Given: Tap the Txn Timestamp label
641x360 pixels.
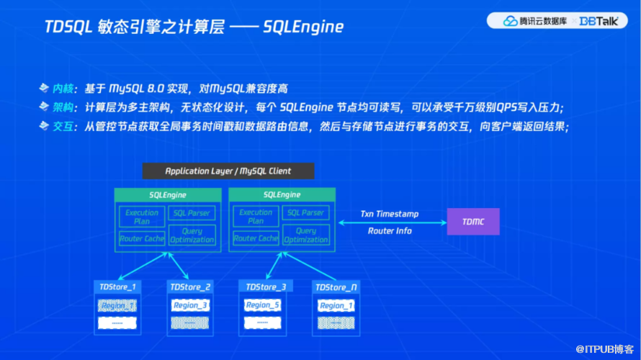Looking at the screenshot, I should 390,215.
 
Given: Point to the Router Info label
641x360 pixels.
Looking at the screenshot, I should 390,231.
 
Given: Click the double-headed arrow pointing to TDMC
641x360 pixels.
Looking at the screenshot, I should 390,222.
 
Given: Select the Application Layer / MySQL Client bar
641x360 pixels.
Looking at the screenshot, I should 228,171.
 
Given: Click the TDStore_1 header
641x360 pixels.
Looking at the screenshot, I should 117,287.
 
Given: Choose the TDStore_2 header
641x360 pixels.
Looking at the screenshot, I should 190,287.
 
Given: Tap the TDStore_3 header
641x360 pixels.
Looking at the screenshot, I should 266,287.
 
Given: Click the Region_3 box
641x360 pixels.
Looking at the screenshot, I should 190,305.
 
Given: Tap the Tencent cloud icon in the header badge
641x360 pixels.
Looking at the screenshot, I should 511,21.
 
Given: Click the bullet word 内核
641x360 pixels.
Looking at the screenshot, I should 63,89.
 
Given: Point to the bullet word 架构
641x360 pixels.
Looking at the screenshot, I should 63,107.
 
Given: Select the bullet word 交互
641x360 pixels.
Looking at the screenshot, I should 63,127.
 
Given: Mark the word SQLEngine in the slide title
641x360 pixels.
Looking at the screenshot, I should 303,27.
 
